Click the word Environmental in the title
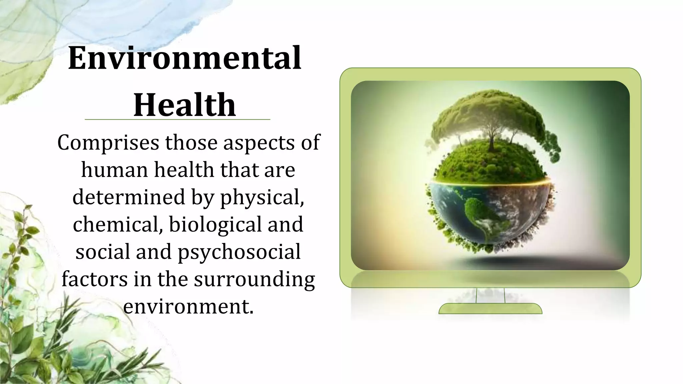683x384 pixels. coord(184,58)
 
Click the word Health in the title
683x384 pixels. coord(184,105)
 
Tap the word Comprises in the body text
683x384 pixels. coord(108,143)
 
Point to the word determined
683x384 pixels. coord(128,197)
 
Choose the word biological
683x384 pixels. coord(215,224)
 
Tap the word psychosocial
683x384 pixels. coord(239,252)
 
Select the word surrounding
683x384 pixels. coord(254,279)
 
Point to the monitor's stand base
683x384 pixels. coord(490,309)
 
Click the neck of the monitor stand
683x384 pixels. coord(490,295)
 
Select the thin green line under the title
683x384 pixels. coord(177,119)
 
